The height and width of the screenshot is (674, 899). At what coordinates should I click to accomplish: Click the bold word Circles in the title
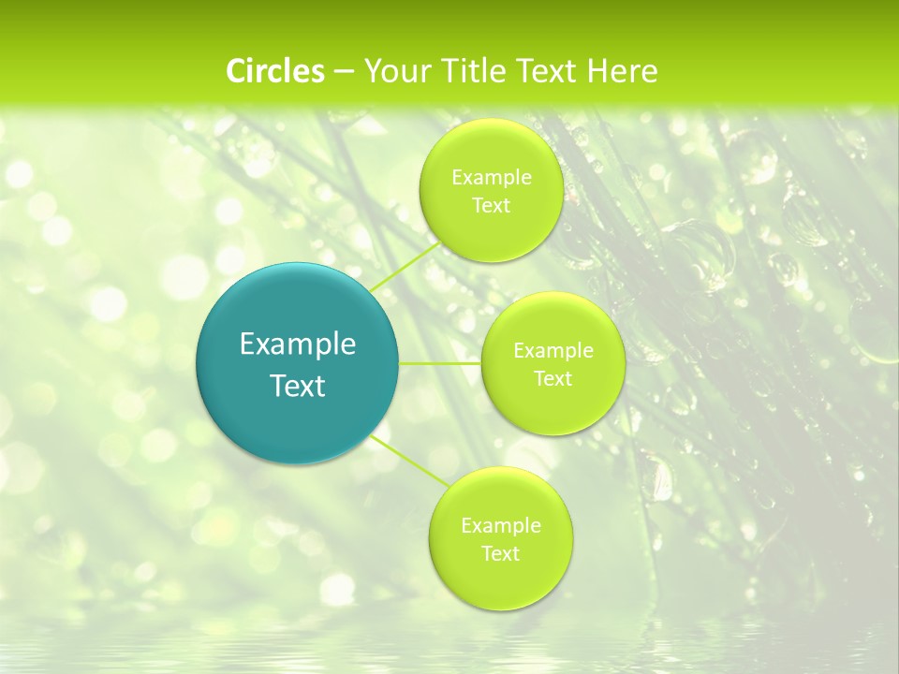(274, 71)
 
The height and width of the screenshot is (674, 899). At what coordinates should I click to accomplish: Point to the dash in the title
(344, 72)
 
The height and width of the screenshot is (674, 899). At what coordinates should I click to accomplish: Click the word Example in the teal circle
(298, 344)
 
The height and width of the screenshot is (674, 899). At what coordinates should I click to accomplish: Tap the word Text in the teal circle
(298, 386)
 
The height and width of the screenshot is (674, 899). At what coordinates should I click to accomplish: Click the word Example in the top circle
(491, 178)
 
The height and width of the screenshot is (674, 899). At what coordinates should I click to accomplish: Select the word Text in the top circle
(491, 206)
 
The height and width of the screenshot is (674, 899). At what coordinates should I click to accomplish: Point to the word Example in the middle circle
(553, 351)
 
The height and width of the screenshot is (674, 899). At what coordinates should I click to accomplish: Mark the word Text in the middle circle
(553, 379)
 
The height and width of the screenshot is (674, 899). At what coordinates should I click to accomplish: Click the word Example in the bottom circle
(500, 526)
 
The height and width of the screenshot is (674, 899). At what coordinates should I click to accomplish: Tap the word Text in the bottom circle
(500, 554)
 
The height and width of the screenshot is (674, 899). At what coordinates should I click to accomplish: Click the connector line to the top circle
(405, 266)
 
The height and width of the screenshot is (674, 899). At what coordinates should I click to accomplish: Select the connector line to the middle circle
(440, 363)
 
